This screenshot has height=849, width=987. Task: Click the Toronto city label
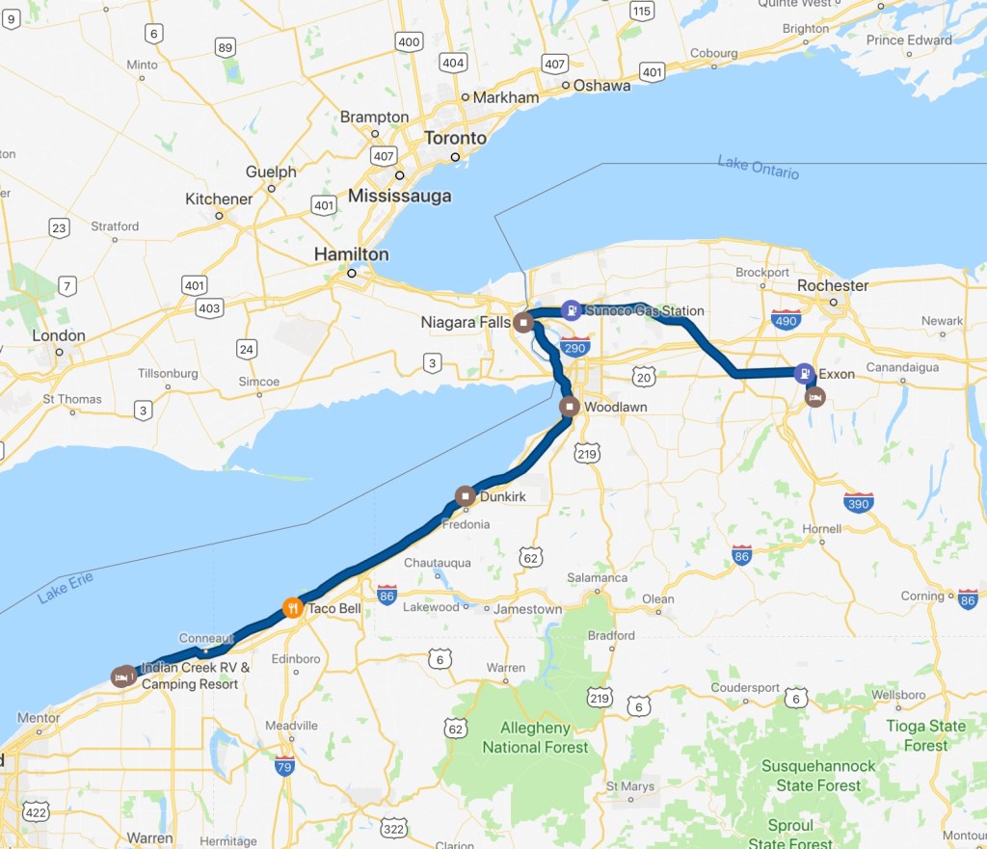click(456, 138)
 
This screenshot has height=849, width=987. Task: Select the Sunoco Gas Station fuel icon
click(572, 310)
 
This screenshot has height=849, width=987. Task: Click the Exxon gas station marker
click(803, 373)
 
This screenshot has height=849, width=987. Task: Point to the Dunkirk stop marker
click(465, 497)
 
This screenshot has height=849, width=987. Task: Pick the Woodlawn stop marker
click(570, 407)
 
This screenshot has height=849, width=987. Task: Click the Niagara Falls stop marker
click(522, 321)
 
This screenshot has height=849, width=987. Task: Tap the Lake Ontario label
click(758, 167)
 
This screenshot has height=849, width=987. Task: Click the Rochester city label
click(833, 285)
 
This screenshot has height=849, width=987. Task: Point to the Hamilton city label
click(351, 254)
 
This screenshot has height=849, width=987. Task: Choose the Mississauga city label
click(399, 196)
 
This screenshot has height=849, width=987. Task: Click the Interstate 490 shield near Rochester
click(787, 319)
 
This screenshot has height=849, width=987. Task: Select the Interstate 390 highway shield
click(858, 502)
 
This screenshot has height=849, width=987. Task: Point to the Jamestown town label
click(527, 609)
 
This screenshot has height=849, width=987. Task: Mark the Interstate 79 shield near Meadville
click(284, 767)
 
